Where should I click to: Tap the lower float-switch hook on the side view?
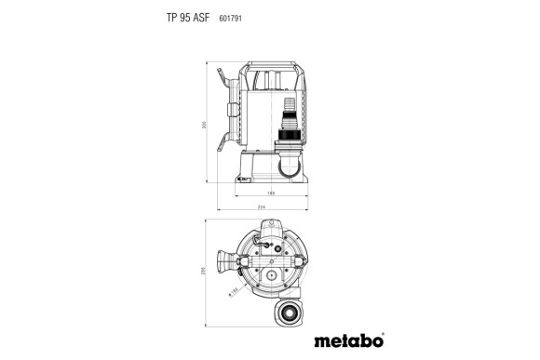223,142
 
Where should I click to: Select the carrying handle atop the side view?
271,68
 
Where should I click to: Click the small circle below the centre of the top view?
270,276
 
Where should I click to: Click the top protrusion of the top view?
272,226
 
